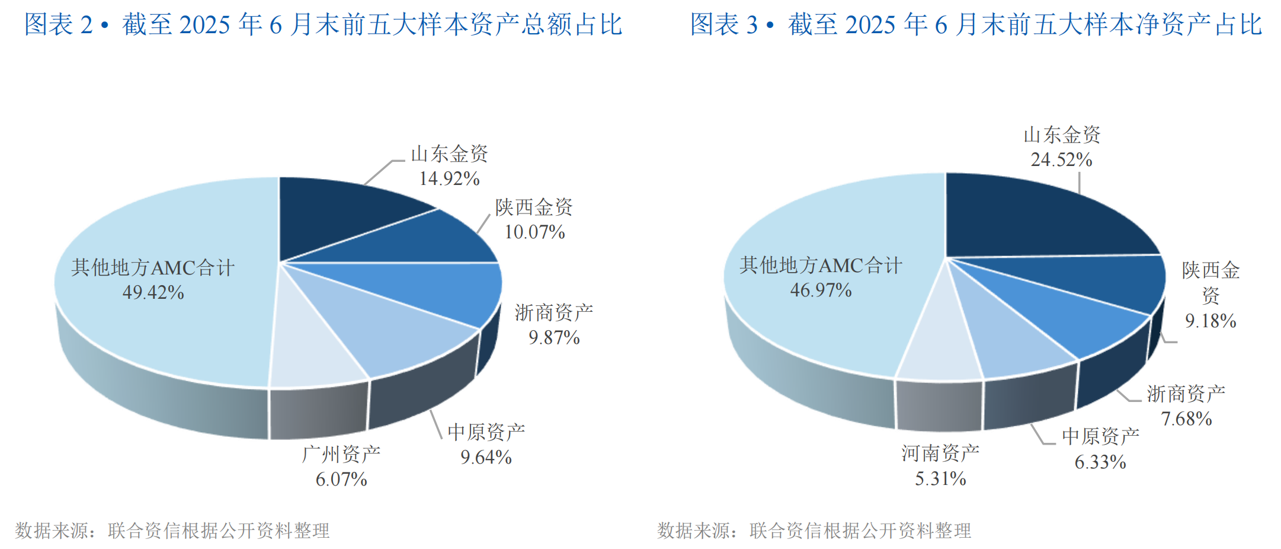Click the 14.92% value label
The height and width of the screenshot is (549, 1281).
449,178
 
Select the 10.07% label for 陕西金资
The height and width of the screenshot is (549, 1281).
534,232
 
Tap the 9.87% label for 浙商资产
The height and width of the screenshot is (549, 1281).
554,337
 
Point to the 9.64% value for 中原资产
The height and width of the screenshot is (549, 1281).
486,457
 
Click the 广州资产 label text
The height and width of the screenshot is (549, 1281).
341,455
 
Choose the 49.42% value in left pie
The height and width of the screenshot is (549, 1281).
153,292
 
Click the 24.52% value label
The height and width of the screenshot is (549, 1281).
1061,159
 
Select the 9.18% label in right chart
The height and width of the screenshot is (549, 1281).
1210,321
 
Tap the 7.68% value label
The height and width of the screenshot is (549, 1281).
1186,419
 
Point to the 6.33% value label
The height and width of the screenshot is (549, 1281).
1100,462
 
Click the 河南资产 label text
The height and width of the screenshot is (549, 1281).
940,454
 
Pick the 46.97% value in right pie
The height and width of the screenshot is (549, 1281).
821,290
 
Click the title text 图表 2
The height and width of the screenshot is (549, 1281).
58,25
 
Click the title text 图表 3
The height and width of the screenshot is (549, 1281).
724,25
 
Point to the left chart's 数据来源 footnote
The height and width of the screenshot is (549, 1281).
172,530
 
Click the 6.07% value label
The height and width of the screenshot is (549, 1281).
341,479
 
